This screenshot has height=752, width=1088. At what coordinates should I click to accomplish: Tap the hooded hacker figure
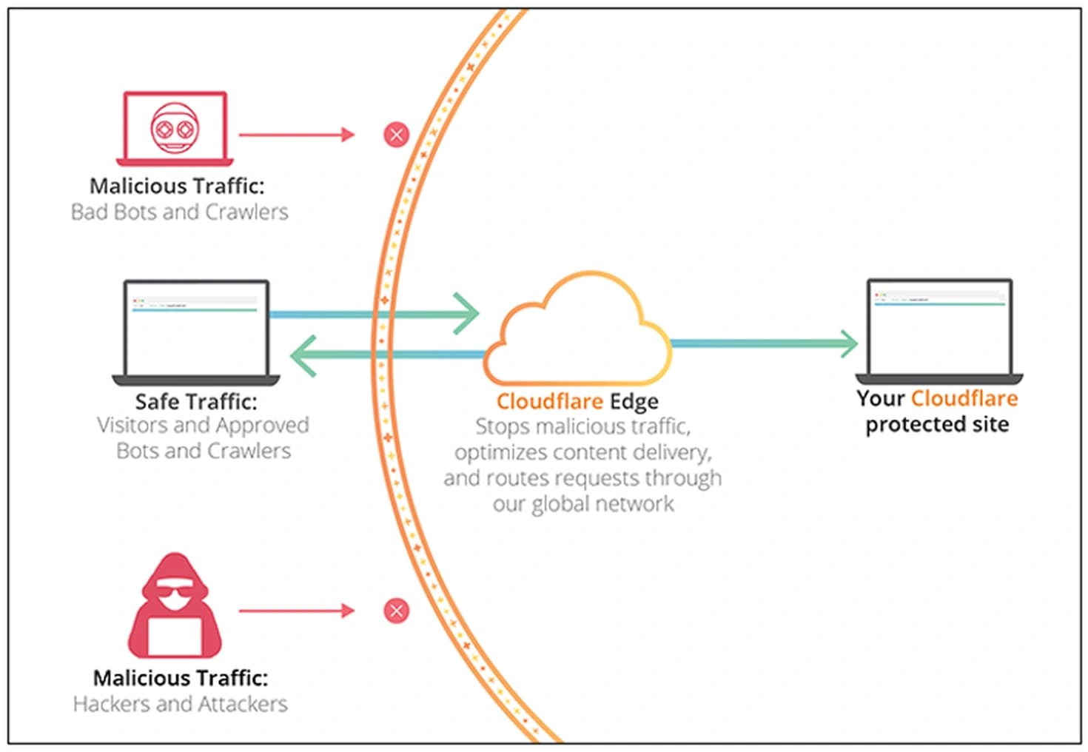click(175, 607)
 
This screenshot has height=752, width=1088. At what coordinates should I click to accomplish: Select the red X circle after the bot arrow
click(396, 135)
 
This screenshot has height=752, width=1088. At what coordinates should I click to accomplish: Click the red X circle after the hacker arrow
click(396, 611)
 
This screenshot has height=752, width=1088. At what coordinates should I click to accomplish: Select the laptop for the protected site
click(938, 329)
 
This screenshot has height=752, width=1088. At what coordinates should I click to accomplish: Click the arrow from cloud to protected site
click(762, 343)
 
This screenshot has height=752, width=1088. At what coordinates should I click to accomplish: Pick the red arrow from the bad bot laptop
click(296, 135)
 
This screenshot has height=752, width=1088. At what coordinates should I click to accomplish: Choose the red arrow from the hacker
click(296, 611)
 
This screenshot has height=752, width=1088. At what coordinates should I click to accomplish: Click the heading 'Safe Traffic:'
click(196, 402)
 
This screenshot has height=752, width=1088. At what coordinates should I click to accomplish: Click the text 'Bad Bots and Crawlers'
click(179, 212)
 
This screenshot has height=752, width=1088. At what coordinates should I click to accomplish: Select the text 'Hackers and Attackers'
click(180, 704)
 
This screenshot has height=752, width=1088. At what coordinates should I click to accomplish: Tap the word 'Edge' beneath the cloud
click(634, 402)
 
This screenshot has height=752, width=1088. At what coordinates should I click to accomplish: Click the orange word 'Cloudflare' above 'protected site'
click(964, 399)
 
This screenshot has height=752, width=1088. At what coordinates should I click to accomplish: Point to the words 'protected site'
click(937, 425)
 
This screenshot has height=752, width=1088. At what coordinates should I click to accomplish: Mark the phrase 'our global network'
click(583, 505)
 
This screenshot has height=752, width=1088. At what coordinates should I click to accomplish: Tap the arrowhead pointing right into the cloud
click(466, 314)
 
